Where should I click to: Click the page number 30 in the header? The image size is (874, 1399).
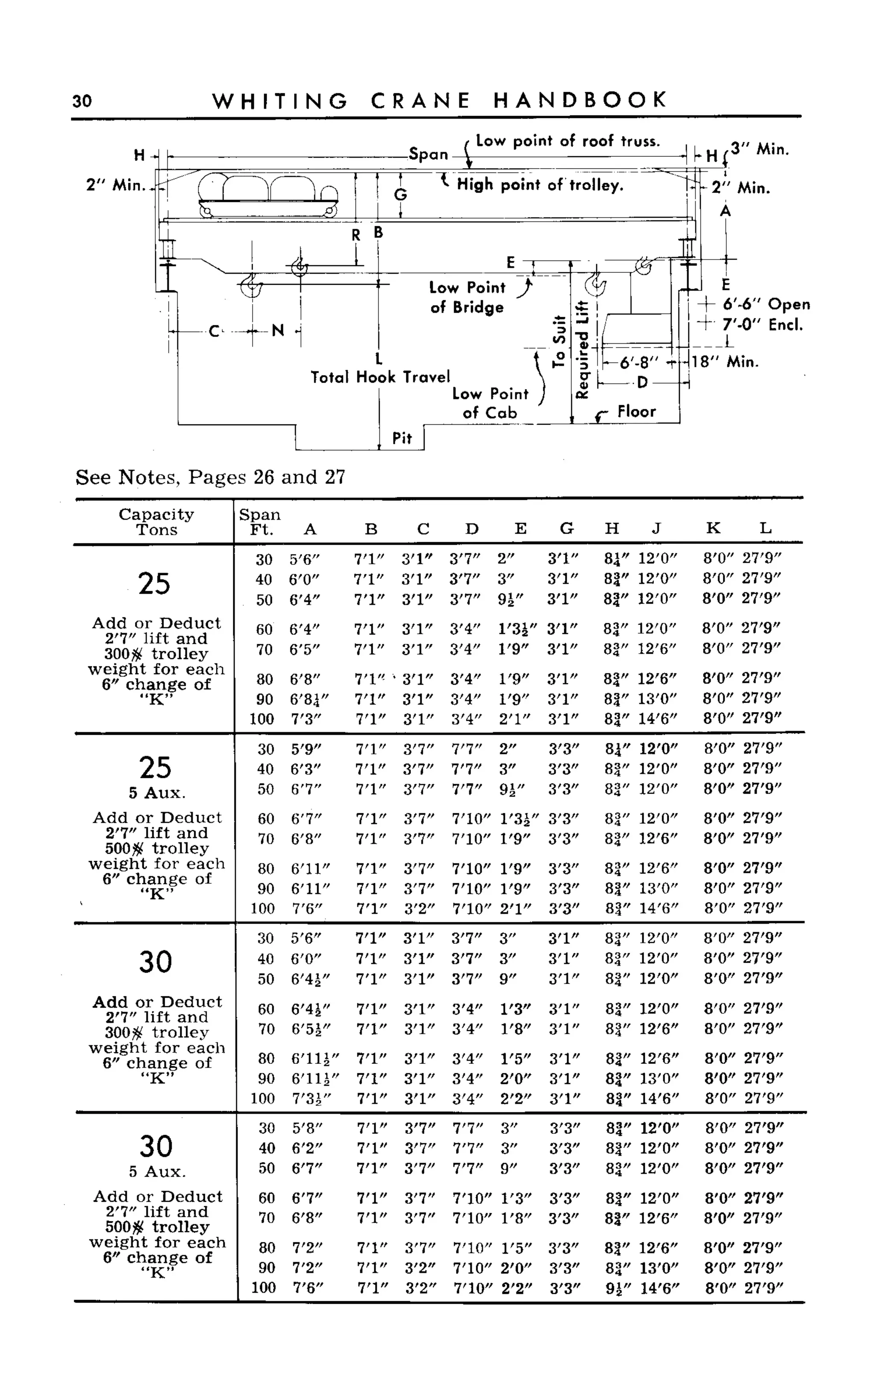[82, 101]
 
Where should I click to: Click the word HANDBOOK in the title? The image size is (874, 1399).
[580, 101]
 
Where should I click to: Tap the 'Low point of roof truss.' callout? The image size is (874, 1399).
[568, 141]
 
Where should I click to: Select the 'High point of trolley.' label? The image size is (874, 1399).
[540, 185]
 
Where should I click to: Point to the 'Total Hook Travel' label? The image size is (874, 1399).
[380, 377]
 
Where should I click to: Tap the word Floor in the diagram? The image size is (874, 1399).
[636, 412]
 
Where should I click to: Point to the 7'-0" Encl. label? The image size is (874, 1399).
[763, 325]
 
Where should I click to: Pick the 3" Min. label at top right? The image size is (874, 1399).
[760, 149]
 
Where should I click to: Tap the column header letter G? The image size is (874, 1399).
[566, 529]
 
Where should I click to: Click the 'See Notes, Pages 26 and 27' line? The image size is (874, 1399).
[210, 478]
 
